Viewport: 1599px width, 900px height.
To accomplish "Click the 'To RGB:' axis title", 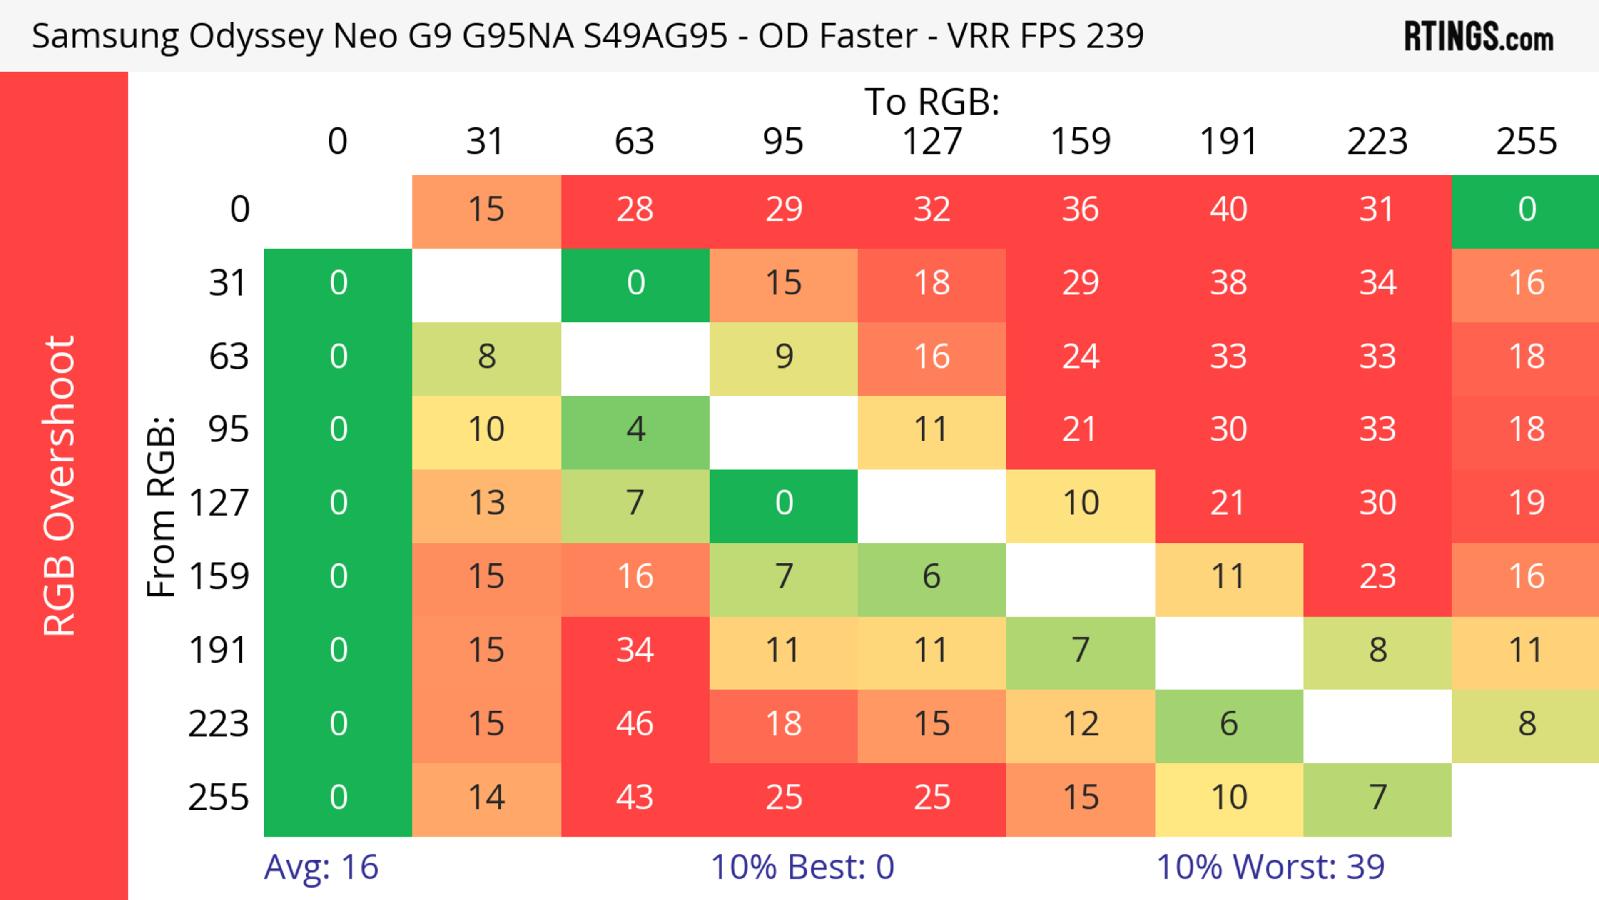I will point(932,102).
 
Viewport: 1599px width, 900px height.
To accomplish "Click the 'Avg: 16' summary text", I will point(321,867).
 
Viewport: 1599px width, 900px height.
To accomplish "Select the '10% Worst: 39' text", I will point(1270,867).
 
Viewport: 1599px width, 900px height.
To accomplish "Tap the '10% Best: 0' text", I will point(802,867).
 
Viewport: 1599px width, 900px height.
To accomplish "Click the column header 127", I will point(932,142).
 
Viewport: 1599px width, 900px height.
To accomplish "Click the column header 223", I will point(1377,142).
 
